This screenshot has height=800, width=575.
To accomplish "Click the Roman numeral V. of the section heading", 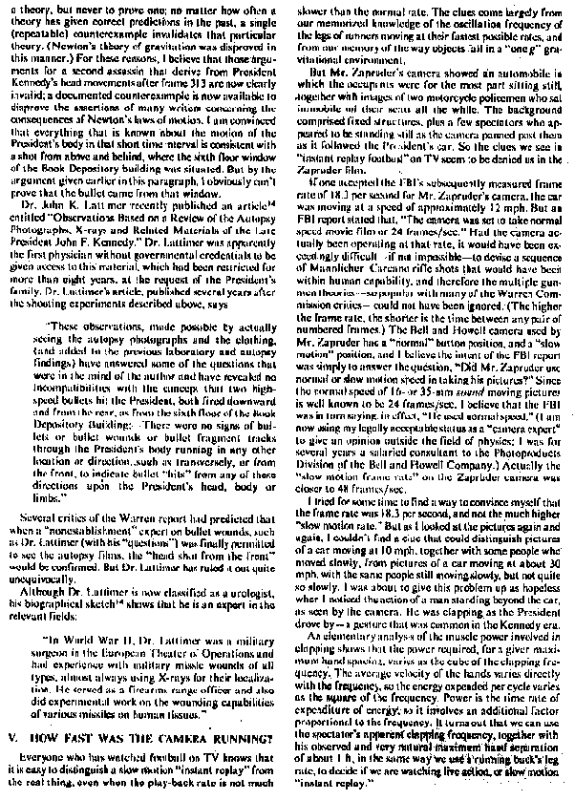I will tap(12, 738).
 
